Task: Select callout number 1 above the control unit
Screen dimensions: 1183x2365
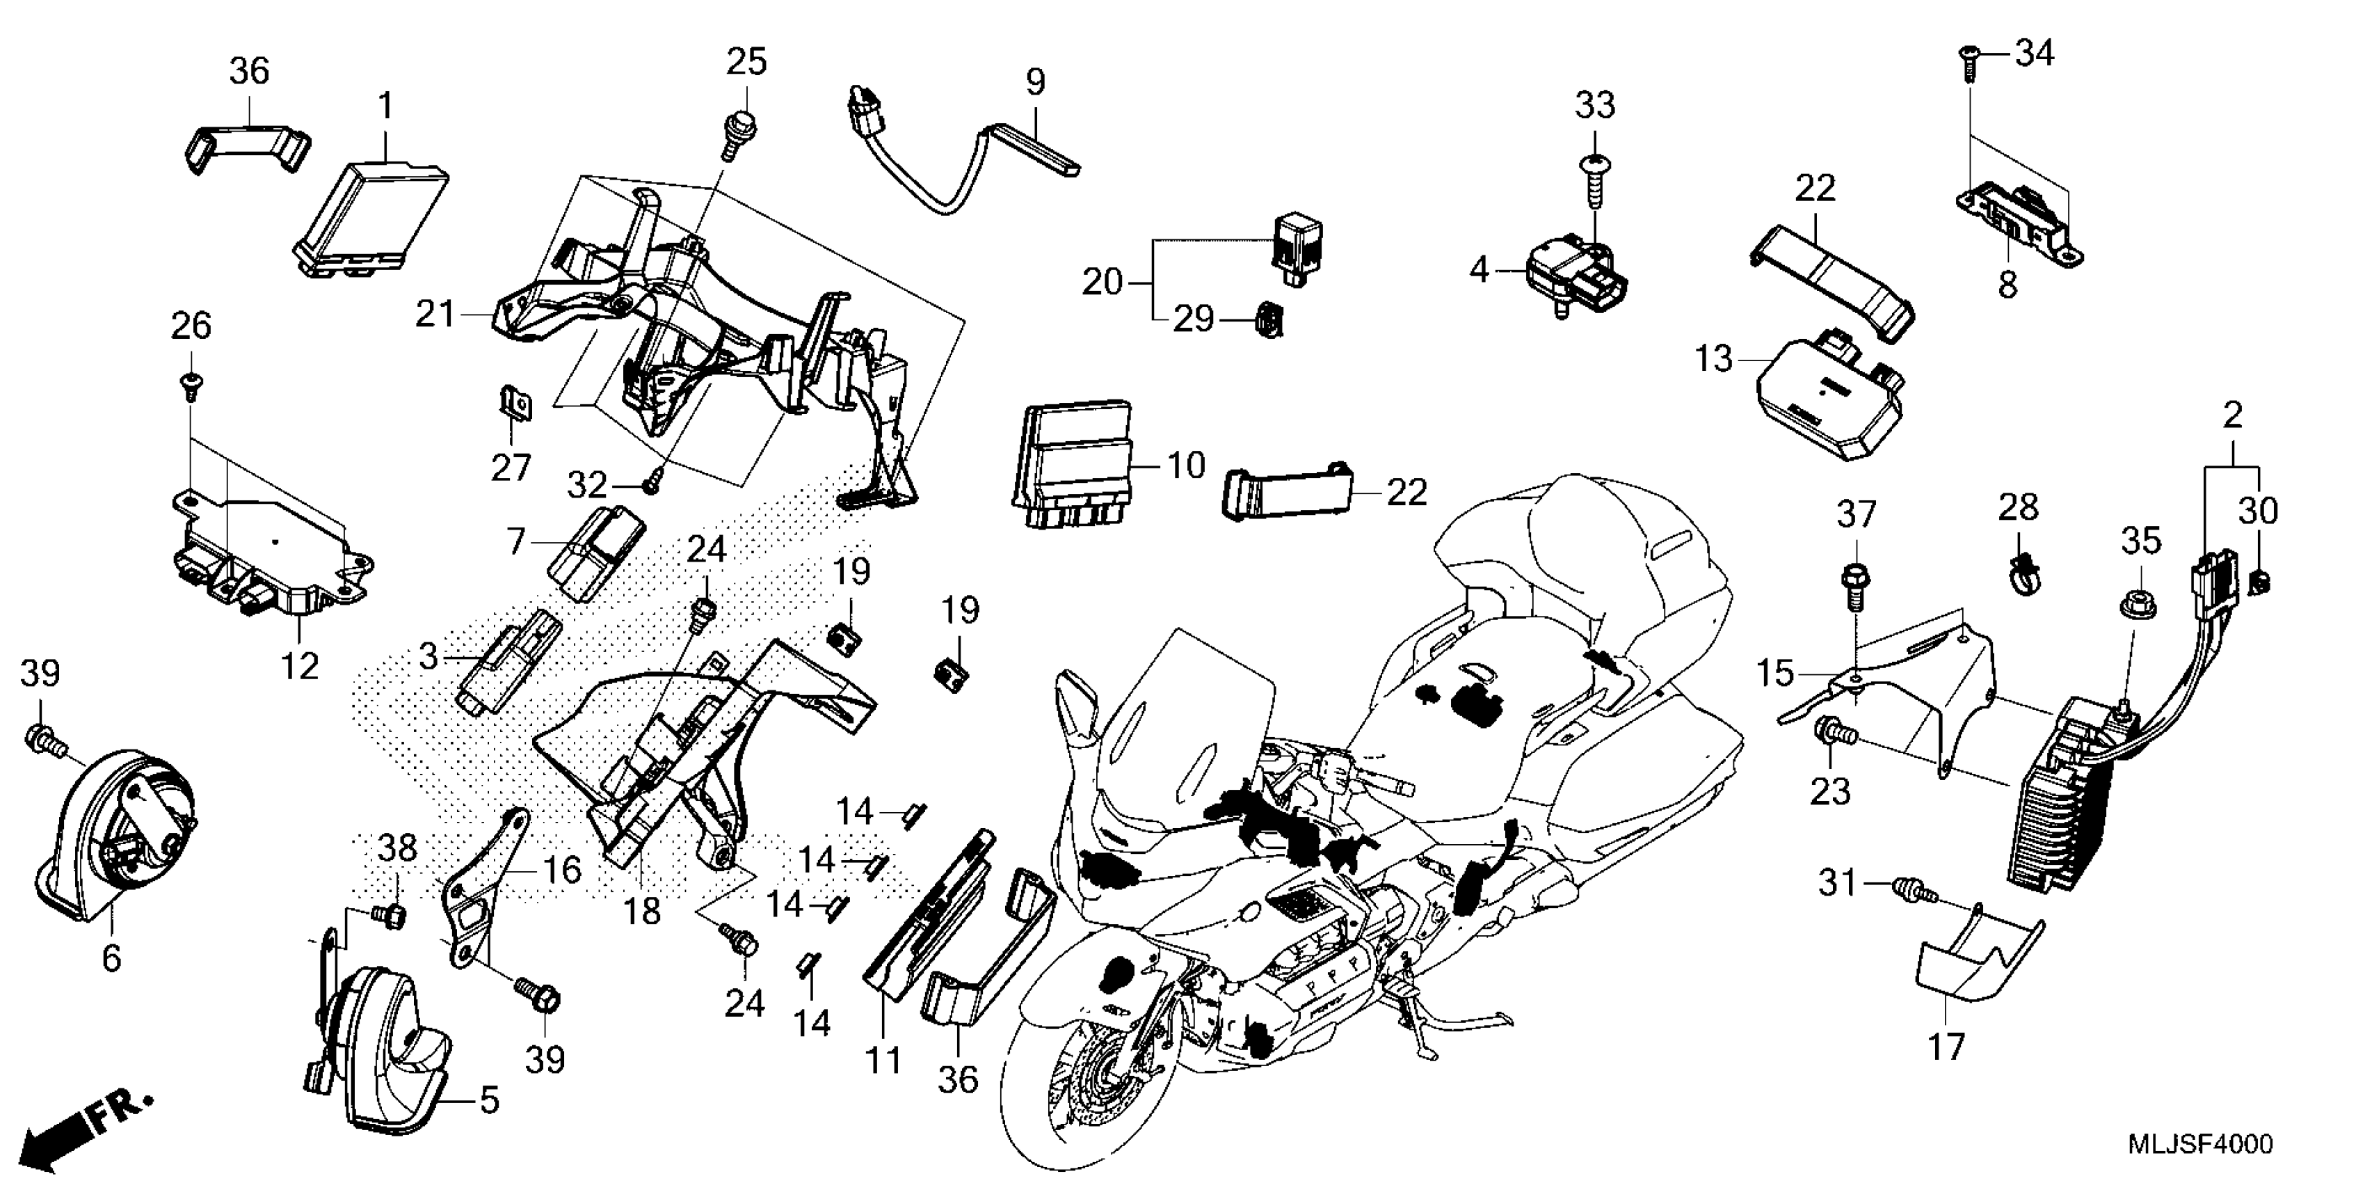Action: tap(385, 106)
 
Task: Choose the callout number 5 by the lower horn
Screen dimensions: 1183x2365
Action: tap(488, 1099)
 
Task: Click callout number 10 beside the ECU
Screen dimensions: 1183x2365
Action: tap(1185, 465)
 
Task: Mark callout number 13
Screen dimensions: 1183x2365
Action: tap(1713, 358)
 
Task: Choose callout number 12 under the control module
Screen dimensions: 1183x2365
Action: tap(299, 665)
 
